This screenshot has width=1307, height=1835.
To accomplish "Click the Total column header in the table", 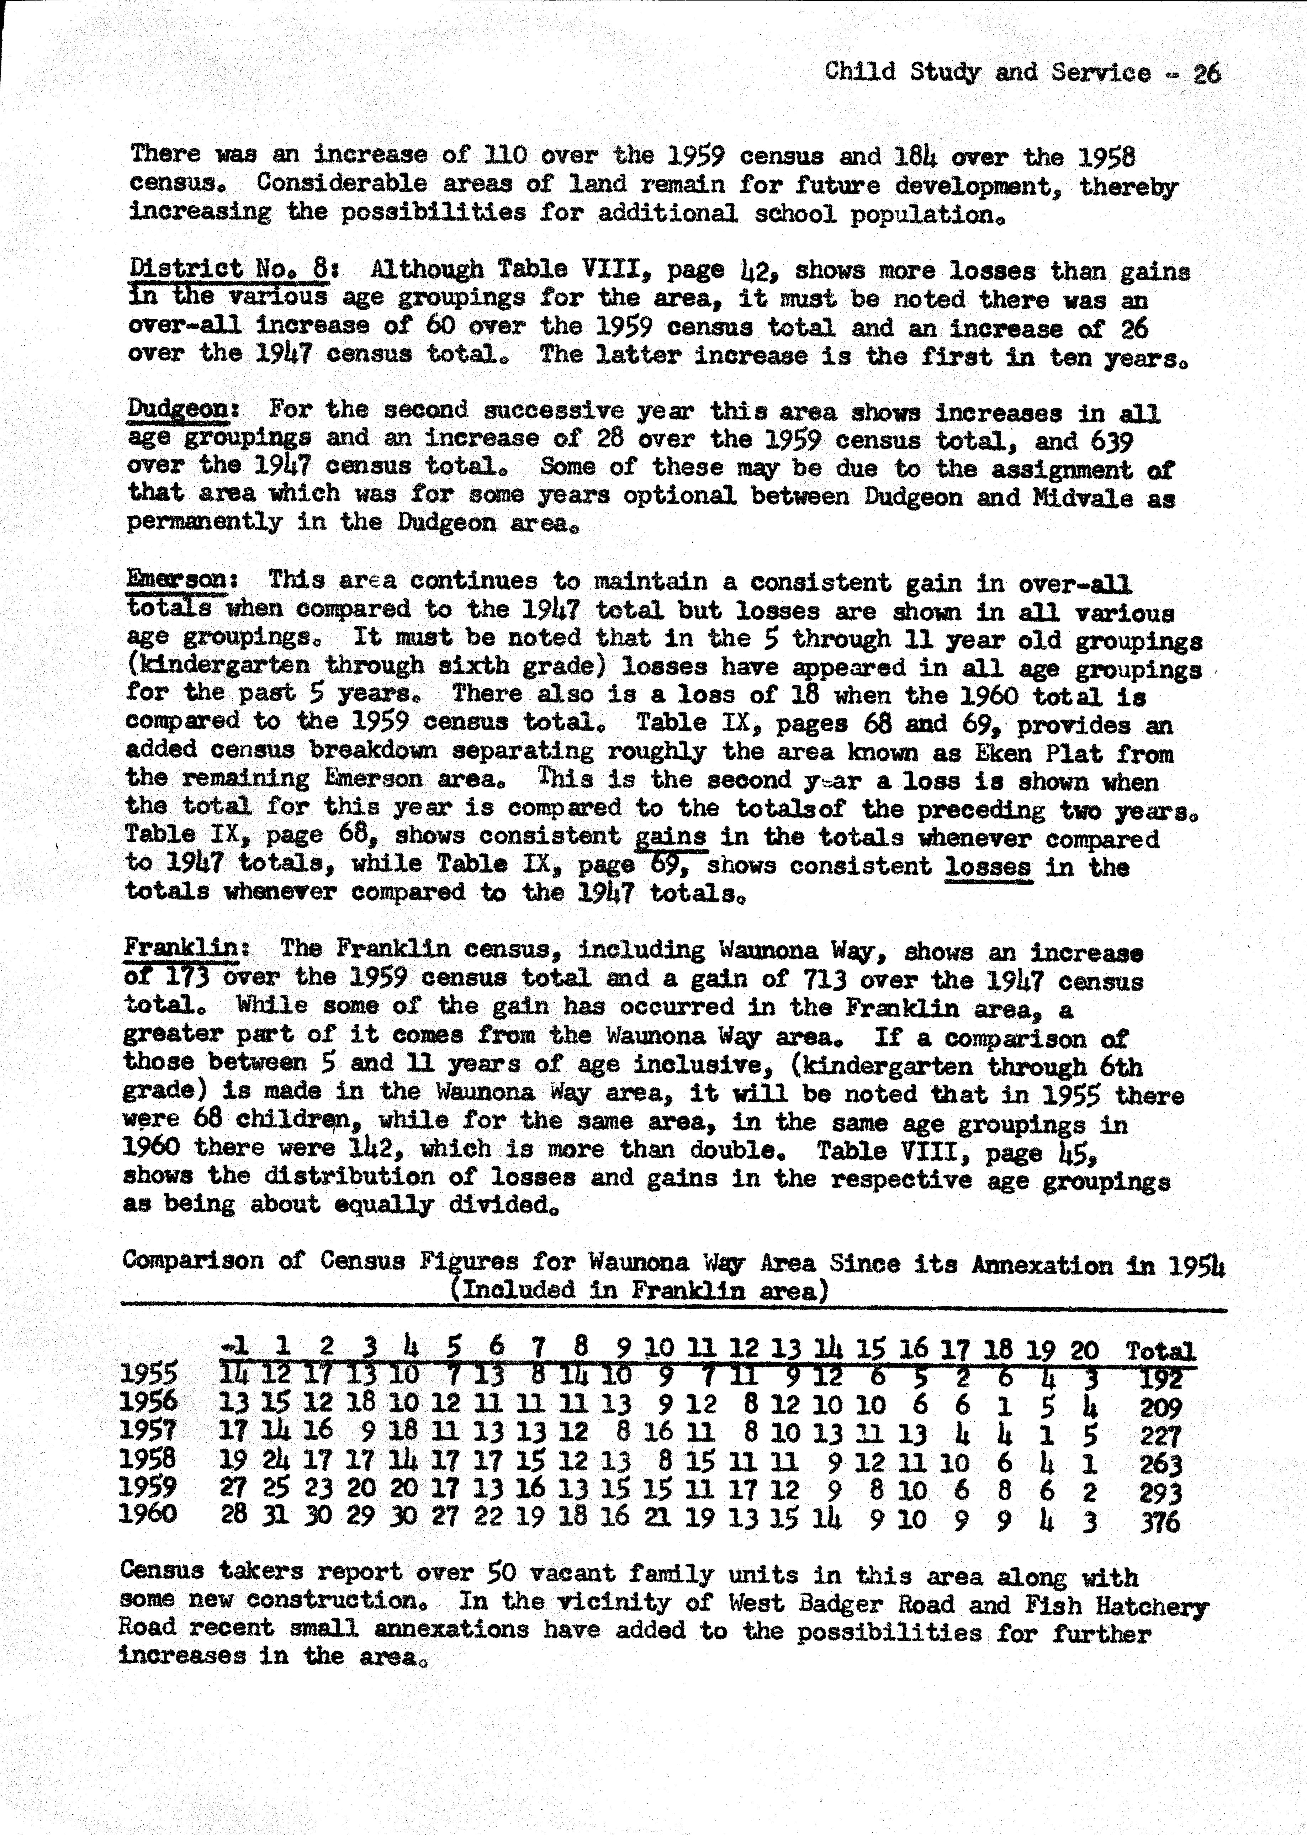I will click(x=1160, y=1351).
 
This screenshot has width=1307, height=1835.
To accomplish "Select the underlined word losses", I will click(x=988, y=866).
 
